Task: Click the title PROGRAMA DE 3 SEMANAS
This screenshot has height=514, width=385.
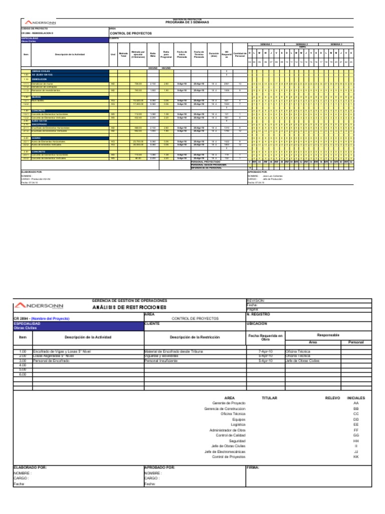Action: click(183, 23)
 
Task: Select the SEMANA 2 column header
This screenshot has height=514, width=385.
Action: click(301, 44)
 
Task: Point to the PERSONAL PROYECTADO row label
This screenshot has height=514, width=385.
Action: click(206, 162)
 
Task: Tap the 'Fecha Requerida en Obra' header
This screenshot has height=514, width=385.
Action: click(265, 337)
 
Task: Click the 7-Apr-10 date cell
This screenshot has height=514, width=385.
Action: click(265, 352)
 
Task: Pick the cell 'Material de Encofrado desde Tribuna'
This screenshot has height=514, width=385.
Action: click(173, 352)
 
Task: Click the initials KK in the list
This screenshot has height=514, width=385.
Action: click(356, 457)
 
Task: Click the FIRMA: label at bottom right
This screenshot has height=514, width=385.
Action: click(253, 467)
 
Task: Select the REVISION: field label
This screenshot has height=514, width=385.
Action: click(256, 301)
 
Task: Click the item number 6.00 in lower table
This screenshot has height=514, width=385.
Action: click(23, 374)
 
